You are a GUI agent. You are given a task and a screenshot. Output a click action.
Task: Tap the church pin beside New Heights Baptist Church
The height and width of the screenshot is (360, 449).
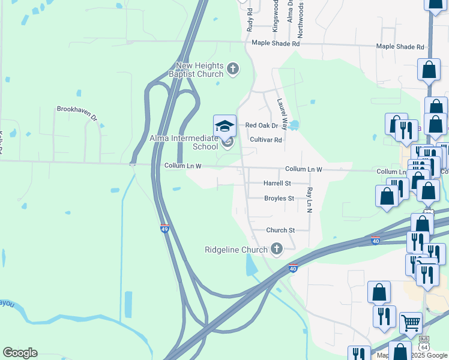coord(234,70)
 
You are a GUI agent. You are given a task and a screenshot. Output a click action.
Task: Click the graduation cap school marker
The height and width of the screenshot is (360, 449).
coord(224,126)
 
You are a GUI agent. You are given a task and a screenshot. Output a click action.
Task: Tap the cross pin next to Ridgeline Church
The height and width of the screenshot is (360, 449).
coord(276,248)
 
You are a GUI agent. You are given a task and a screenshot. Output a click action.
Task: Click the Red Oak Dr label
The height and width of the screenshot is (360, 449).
coord(262,125)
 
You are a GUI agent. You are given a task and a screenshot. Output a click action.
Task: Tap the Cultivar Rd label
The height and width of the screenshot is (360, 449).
coord(265,140)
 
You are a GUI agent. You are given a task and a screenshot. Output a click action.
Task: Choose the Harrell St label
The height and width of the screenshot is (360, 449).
coord(277,183)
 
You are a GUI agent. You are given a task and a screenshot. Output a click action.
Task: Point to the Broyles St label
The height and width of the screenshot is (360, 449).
coord(279,198)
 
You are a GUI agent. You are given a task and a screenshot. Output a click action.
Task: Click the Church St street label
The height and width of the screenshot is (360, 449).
coord(280,230)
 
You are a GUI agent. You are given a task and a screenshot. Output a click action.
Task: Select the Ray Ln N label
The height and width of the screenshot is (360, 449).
coord(309,199)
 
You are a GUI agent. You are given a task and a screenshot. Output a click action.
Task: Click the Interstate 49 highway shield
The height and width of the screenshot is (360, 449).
coord(164,228)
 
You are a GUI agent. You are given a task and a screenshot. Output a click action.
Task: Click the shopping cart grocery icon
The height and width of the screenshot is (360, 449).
coord(411,323)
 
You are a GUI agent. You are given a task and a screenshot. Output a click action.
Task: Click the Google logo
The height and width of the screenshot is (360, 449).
coord(20,353)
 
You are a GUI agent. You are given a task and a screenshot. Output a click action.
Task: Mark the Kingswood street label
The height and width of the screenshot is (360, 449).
coord(276,16)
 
